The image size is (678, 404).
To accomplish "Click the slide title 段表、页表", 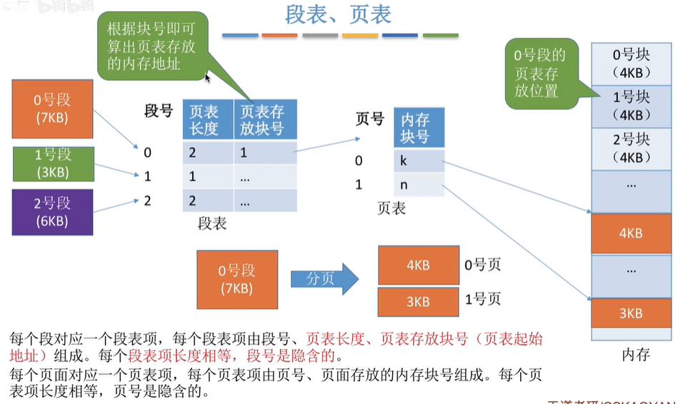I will (339, 14).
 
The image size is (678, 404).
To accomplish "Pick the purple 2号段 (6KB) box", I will (52, 212).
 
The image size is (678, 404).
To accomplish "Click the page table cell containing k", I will (419, 161).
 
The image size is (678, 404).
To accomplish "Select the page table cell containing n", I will (419, 185).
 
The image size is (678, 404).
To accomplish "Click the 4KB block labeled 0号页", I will (418, 265).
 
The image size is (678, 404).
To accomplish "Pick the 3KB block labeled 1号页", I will (418, 302).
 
